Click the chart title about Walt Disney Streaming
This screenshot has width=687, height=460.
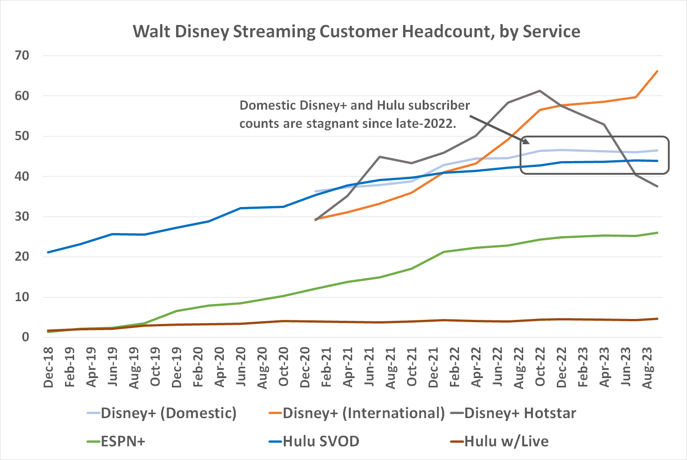[x=356, y=32]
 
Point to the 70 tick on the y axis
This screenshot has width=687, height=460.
[x=22, y=56]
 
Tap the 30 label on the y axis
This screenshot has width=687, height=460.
[x=22, y=217]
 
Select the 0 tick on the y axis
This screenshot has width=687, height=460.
[x=25, y=337]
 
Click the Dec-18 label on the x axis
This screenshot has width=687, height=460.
[x=48, y=368]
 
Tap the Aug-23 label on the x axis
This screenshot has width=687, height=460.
[x=647, y=368]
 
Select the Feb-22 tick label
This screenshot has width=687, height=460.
[x=455, y=368]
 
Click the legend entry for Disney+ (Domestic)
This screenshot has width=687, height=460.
[x=168, y=413]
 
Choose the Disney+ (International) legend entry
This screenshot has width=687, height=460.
[x=364, y=413]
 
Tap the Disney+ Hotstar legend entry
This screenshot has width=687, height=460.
[x=520, y=413]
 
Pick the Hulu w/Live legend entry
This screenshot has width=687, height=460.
[x=506, y=441]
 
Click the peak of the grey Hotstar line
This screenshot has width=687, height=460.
[x=540, y=91]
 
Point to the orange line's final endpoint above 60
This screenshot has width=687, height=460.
[x=657, y=71]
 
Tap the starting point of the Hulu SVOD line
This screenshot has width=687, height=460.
[x=48, y=252]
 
